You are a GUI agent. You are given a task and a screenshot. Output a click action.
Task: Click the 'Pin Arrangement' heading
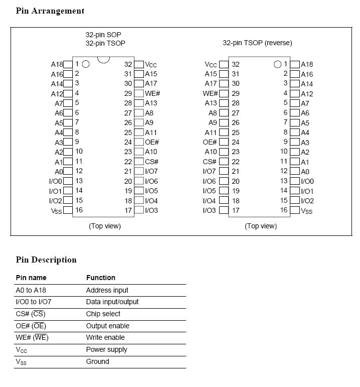tap(50, 11)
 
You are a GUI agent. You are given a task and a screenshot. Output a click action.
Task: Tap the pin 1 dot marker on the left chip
tap(86, 64)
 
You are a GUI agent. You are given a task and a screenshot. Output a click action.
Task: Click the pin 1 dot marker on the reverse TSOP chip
tap(278, 64)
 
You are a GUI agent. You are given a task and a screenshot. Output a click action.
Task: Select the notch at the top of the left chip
tap(103, 59)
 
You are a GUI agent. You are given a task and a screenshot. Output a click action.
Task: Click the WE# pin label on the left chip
tap(152, 93)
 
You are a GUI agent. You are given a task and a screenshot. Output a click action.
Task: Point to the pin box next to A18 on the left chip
tap(68, 64)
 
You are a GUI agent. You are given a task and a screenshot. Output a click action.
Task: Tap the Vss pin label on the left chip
tap(57, 211)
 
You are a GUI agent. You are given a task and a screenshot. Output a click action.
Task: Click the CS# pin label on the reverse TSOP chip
tap(210, 162)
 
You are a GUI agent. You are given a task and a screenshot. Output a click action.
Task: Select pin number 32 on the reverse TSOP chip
tap(235, 64)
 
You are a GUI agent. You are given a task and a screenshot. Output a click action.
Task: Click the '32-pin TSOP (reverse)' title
tap(257, 43)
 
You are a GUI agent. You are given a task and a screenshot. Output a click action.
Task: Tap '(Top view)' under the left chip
tap(105, 226)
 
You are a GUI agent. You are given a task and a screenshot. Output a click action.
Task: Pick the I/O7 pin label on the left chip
tap(151, 172)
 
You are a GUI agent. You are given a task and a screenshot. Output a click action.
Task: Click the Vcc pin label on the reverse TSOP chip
tap(211, 65)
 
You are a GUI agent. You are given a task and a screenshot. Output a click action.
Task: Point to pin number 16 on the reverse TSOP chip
tap(284, 210)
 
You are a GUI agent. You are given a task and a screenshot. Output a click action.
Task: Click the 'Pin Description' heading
tap(46, 260)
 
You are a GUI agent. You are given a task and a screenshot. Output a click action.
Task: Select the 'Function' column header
tap(101, 278)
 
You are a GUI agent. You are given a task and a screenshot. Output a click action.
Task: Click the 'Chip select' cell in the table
tap(103, 314)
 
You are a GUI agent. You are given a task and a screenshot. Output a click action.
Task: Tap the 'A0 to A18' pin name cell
tap(31, 290)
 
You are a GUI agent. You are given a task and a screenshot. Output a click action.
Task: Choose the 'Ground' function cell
tap(97, 361)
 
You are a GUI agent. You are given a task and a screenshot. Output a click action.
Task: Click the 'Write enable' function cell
tap(105, 337)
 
